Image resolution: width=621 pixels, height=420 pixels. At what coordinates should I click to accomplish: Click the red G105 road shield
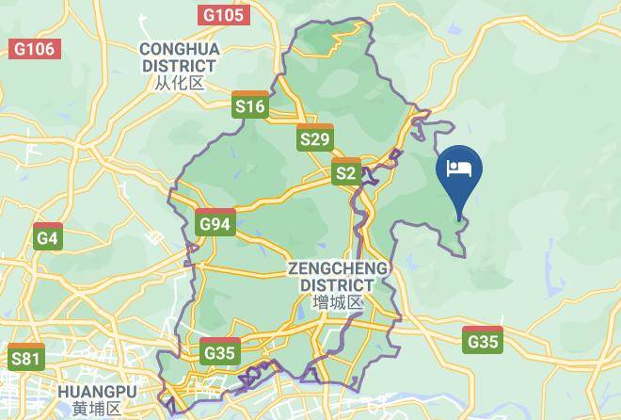[223, 14]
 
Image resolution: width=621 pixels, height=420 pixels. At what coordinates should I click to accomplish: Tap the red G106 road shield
[35, 48]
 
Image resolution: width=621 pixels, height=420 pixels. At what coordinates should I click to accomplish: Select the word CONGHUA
[179, 48]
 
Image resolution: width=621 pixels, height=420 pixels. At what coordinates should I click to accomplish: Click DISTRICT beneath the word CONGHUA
[179, 65]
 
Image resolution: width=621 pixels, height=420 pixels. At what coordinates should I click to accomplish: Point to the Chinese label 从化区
[179, 83]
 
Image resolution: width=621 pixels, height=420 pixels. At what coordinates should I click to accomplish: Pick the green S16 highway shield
[250, 105]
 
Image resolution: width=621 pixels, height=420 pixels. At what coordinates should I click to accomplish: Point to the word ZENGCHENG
[338, 268]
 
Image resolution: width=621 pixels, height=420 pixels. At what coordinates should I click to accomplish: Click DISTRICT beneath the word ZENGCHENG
[338, 284]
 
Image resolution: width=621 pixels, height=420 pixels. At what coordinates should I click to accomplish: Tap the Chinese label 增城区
[338, 302]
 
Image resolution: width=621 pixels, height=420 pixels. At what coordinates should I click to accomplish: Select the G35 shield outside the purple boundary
[483, 340]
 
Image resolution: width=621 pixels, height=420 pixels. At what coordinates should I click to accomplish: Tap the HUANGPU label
[97, 392]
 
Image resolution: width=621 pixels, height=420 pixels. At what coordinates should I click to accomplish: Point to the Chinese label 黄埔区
[97, 409]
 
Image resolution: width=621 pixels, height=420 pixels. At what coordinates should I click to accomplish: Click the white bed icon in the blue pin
[459, 169]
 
